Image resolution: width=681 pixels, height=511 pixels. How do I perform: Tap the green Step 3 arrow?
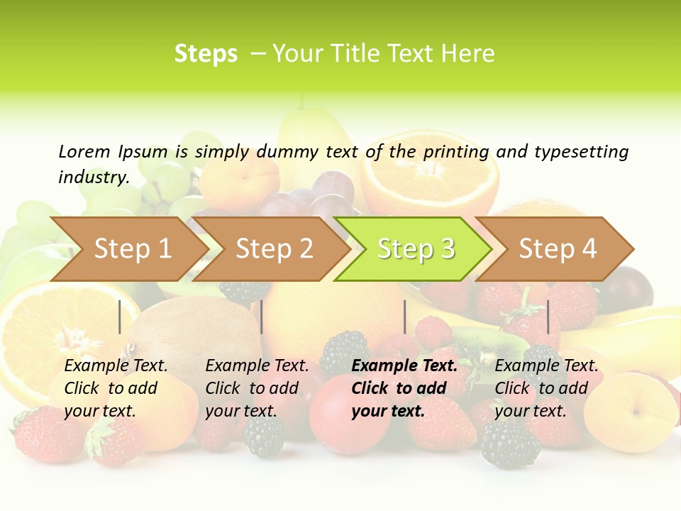[x=414, y=249]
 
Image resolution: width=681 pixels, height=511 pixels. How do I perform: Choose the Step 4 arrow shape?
[x=556, y=249]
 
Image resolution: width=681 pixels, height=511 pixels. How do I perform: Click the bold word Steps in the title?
[x=206, y=54]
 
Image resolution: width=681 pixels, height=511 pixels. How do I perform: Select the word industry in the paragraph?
[x=94, y=177]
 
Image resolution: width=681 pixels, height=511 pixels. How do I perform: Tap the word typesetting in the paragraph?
[x=581, y=151]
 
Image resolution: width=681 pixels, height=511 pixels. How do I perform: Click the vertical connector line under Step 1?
[x=120, y=317]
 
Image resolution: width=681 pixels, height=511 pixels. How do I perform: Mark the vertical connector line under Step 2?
[x=262, y=317]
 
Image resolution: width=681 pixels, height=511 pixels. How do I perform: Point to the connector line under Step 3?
[x=405, y=317]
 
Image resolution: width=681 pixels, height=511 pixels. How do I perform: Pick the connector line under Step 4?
[x=548, y=317]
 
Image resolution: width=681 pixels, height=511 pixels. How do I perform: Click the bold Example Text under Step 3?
[x=404, y=366]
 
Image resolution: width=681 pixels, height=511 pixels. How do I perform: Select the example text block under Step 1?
[x=116, y=388]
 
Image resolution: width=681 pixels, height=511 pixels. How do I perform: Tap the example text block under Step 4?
[x=546, y=388]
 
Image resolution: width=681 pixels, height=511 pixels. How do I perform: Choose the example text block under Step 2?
[x=257, y=388]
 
